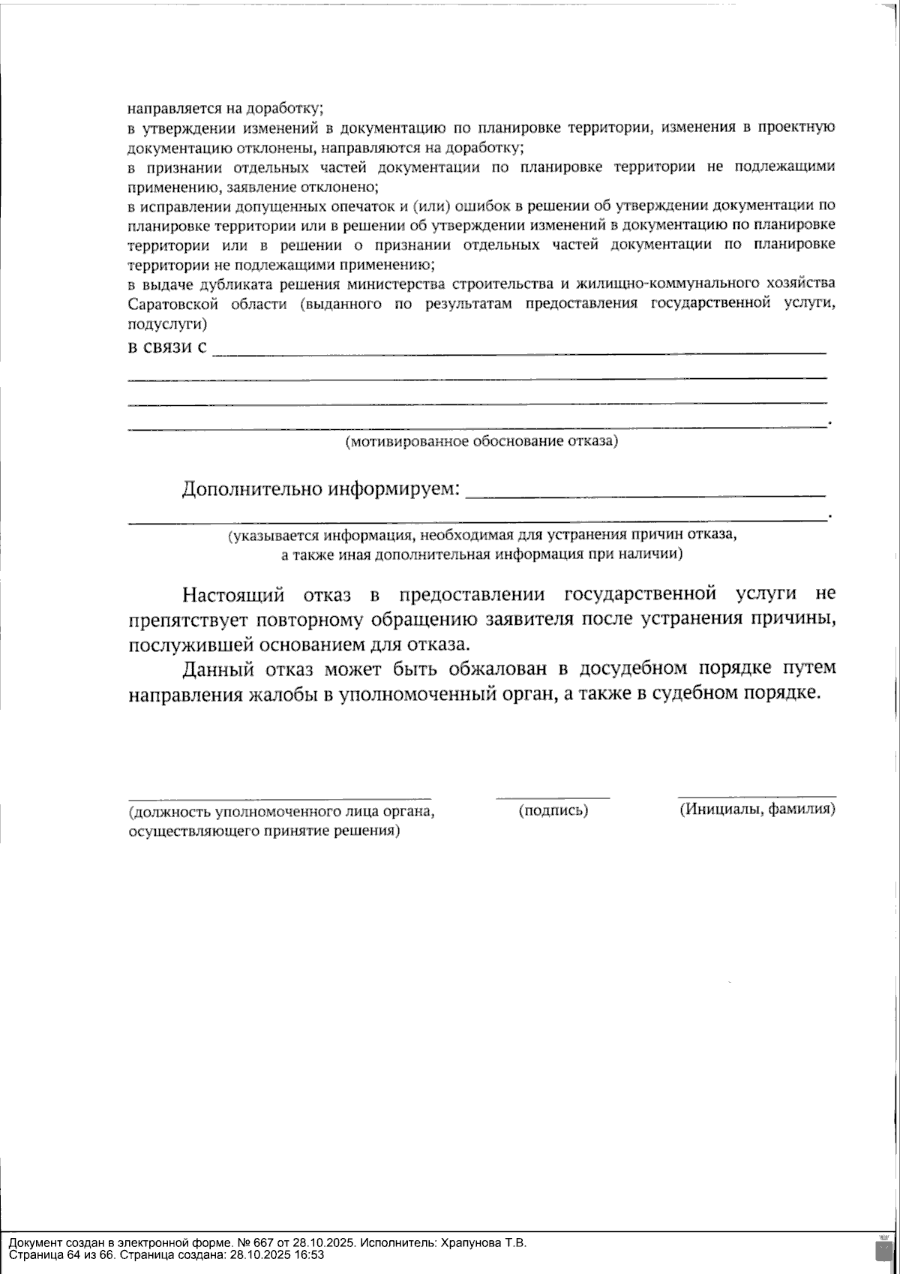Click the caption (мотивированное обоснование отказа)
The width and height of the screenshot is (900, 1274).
[x=481, y=441]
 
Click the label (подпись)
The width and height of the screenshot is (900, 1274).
[x=553, y=810]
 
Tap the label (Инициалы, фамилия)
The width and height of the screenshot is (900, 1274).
[x=757, y=810]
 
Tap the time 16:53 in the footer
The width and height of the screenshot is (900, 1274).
[x=310, y=1254]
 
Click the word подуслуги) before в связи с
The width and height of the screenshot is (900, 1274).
[x=167, y=324]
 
